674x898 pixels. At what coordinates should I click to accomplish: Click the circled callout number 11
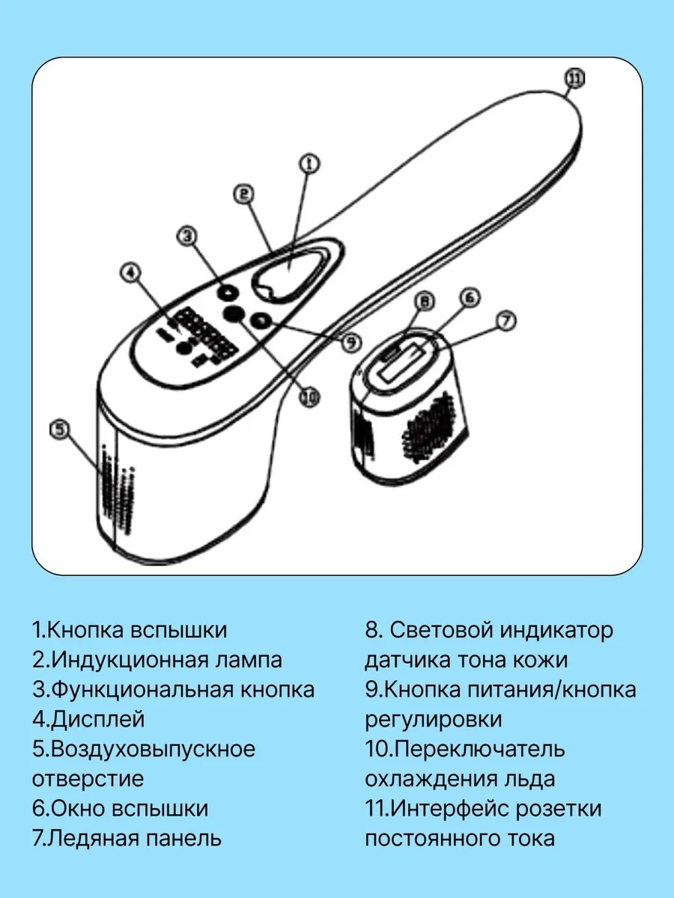pos(575,79)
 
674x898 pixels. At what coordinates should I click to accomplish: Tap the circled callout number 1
pos(309,164)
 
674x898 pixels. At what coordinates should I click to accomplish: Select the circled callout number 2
pos(244,195)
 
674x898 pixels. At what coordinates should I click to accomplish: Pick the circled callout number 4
pos(131,272)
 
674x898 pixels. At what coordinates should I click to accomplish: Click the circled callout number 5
pos(470,297)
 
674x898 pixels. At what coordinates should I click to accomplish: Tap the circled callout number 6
pos(506,321)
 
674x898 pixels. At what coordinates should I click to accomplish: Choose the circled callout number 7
pos(425,302)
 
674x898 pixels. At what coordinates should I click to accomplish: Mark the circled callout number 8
pos(350,342)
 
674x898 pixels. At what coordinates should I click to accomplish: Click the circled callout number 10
pos(59,430)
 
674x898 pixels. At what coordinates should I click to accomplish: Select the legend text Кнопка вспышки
pos(137,629)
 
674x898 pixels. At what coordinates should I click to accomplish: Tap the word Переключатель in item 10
pos(481,749)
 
